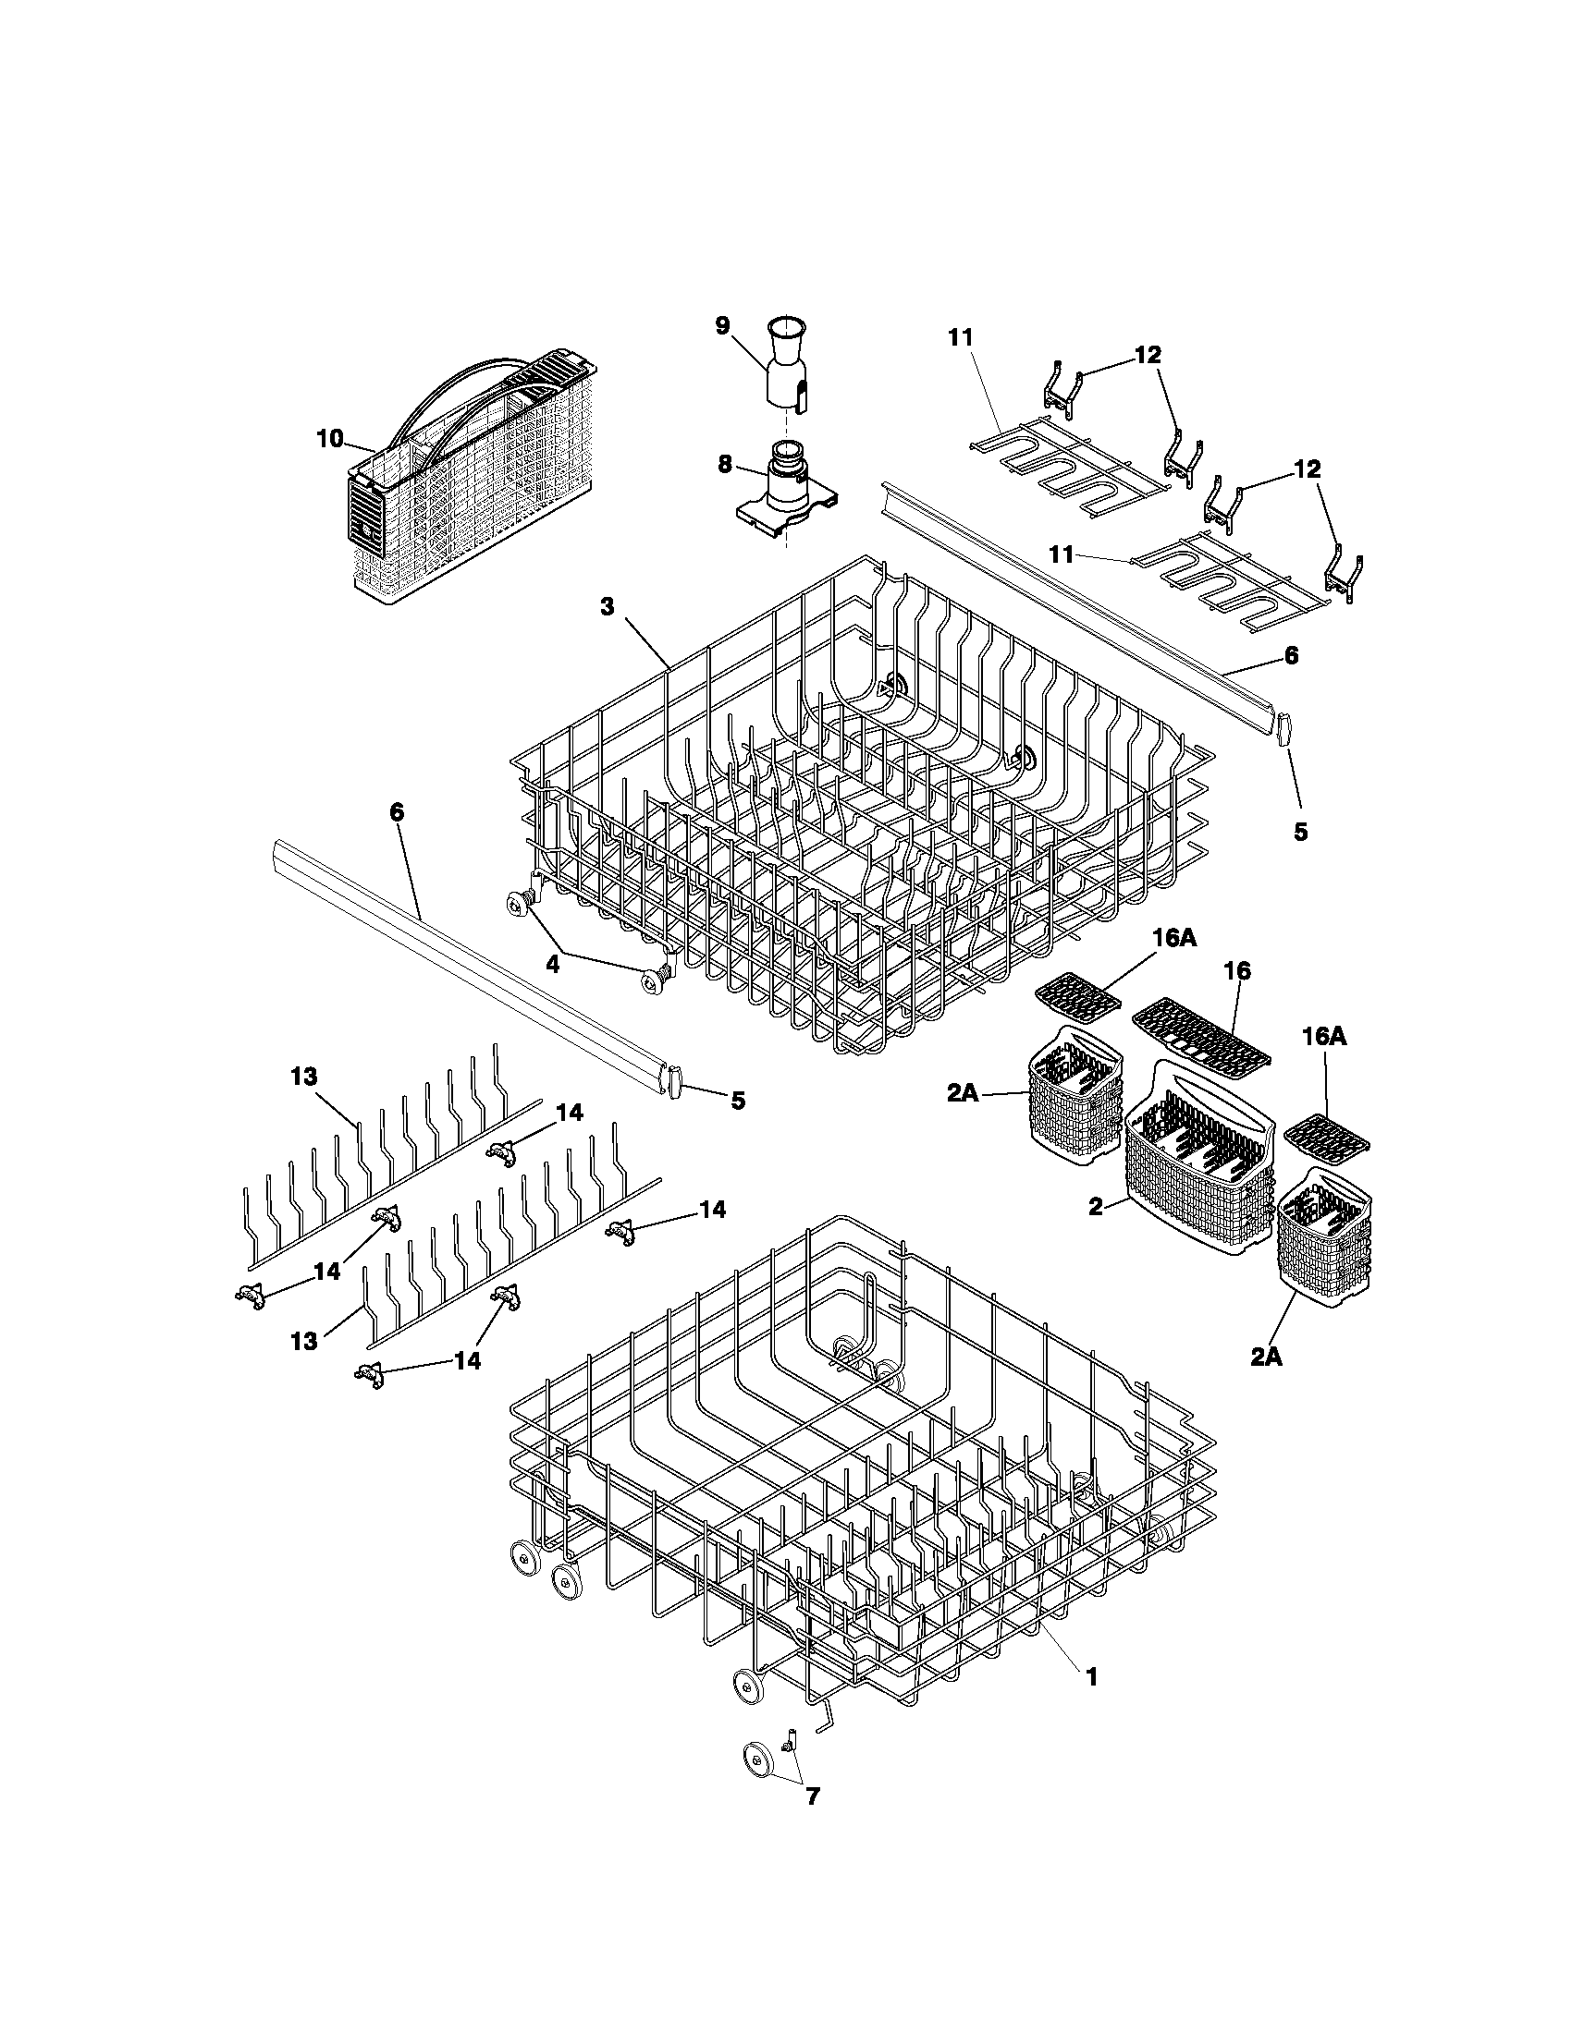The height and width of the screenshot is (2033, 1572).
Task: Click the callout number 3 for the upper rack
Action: pos(607,607)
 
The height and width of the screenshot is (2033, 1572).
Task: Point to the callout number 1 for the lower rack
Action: pos(1091,1676)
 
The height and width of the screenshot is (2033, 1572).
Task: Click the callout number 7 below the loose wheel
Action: pos(812,1822)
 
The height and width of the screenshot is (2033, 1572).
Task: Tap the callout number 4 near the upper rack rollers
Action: pos(552,966)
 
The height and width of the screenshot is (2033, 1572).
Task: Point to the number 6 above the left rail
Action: pos(397,811)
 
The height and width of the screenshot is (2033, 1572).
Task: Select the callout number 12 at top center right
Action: pos(1148,356)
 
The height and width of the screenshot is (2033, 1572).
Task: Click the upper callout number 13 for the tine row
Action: pos(303,1077)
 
